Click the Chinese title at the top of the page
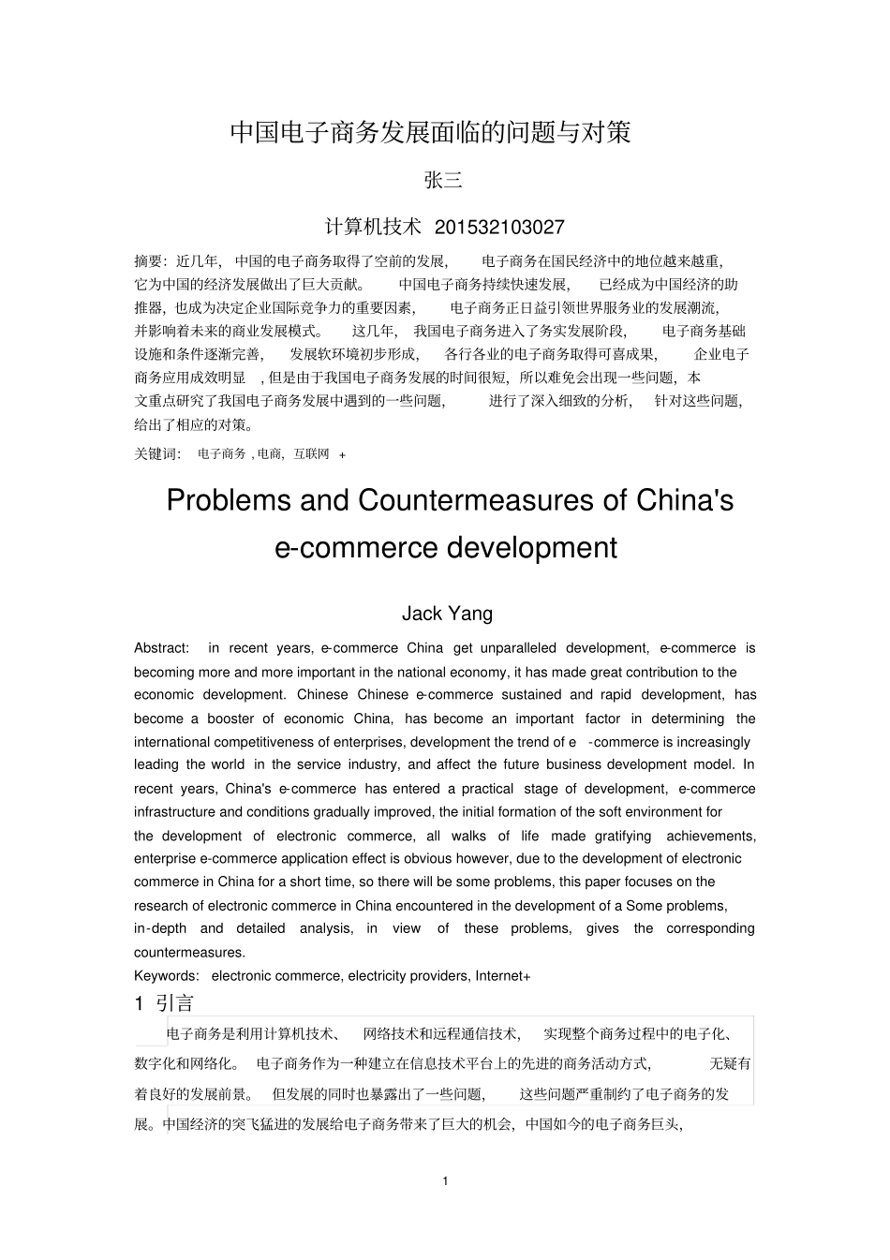coord(431,132)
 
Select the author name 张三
coord(444,181)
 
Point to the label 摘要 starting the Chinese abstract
coord(150,261)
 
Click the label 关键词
coord(156,453)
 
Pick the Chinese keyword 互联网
coord(311,453)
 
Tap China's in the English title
coord(685,500)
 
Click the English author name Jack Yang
coord(447,614)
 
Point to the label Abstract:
coord(161,648)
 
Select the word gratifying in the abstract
coord(615,836)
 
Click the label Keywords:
coord(166,976)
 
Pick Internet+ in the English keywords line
coord(503,976)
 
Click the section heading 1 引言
coord(165,1003)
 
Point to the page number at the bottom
coord(445,1180)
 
